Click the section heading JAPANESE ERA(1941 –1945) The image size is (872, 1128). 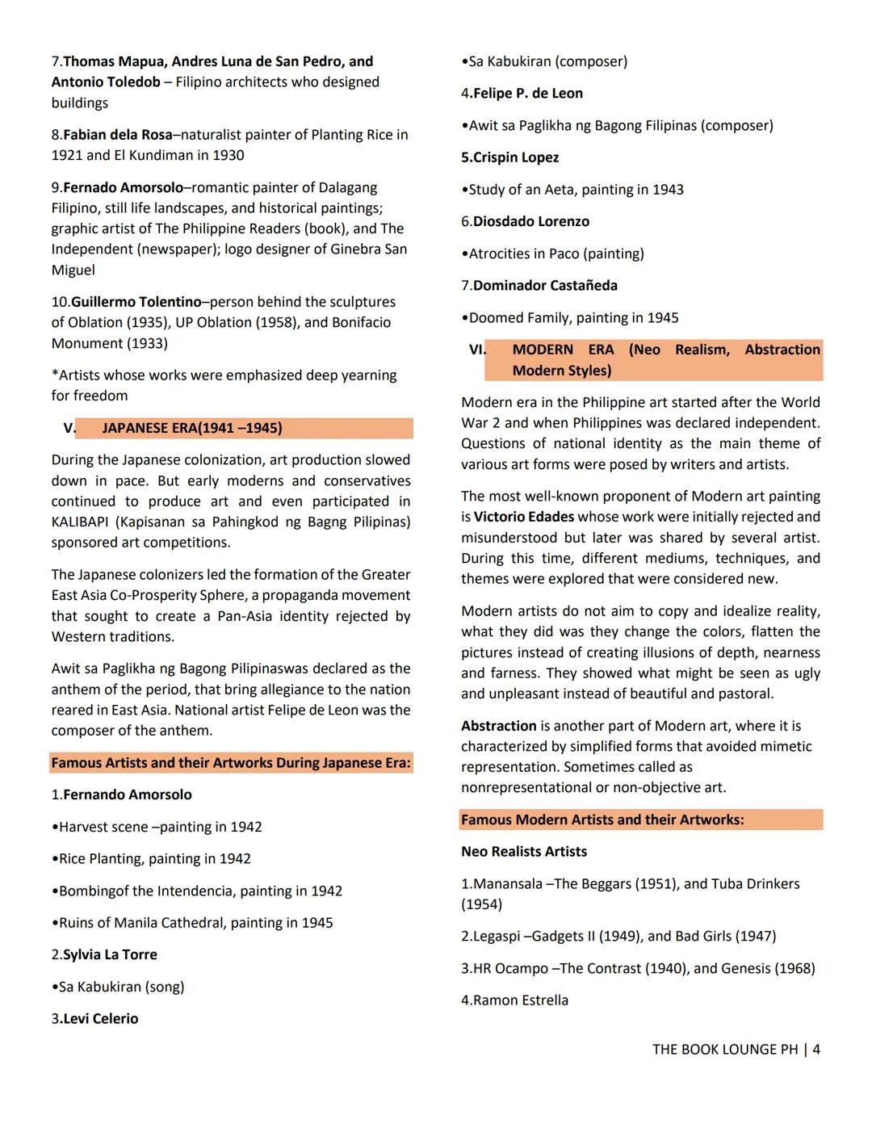pyautogui.click(x=192, y=428)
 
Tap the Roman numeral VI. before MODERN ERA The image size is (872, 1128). pyautogui.click(x=477, y=350)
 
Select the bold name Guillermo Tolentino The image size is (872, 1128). pyautogui.click(x=136, y=302)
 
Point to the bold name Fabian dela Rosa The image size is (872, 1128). pyautogui.click(x=117, y=135)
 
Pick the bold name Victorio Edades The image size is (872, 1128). pyautogui.click(x=523, y=517)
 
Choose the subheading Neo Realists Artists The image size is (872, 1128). pyautogui.click(x=524, y=852)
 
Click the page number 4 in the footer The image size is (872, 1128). pyautogui.click(x=816, y=1050)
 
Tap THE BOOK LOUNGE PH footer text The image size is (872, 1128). pyautogui.click(x=724, y=1050)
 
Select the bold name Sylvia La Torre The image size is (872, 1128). pyautogui.click(x=110, y=954)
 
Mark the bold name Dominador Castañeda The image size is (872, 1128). pyautogui.click(x=545, y=286)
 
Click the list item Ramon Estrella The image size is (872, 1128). pyautogui.click(x=520, y=1000)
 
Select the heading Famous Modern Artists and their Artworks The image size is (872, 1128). pyautogui.click(x=602, y=820)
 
